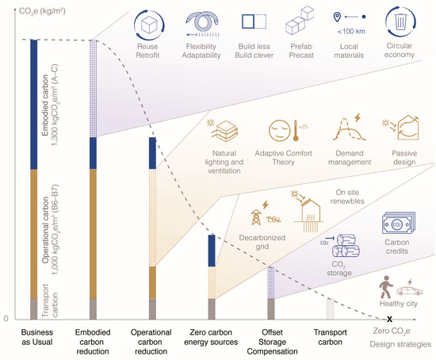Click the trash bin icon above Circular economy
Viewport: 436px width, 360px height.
pos(403,23)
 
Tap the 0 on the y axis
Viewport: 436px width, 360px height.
pos(8,319)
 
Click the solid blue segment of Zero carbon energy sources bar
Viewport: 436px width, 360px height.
pos(212,251)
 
